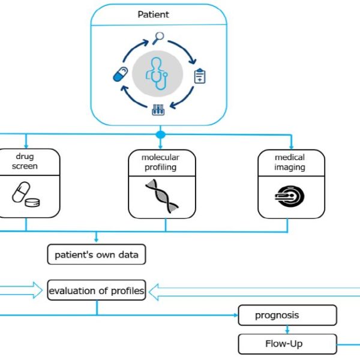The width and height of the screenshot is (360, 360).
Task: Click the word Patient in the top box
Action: coord(153,14)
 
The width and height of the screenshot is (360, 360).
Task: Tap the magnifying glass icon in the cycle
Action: coord(158,38)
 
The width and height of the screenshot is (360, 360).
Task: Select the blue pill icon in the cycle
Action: coord(121,74)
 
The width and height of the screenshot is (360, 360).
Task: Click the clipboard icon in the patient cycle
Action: coord(200,76)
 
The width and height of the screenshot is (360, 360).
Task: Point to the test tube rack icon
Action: coord(158,110)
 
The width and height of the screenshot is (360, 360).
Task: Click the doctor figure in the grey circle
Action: coord(157,73)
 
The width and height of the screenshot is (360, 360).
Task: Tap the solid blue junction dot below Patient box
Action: coord(160,134)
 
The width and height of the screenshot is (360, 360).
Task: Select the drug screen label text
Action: coord(25,161)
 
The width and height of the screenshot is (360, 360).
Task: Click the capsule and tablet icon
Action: coord(26,194)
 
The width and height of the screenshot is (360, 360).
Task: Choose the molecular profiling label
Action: coord(160,163)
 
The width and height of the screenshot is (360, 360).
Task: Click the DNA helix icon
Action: coord(162,196)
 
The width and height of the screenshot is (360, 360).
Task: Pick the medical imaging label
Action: coord(290,163)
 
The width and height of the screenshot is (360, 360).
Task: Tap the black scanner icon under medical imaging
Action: coord(290,196)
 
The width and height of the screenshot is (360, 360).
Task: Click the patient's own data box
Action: coord(97,254)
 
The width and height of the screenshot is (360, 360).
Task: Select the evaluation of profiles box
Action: coord(97,290)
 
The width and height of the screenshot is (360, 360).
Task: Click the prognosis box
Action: coord(287,315)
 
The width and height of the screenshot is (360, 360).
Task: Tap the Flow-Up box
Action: coord(287,344)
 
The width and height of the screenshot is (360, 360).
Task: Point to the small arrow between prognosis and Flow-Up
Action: coord(287,329)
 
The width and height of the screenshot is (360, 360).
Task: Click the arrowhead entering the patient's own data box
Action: coord(96,240)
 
